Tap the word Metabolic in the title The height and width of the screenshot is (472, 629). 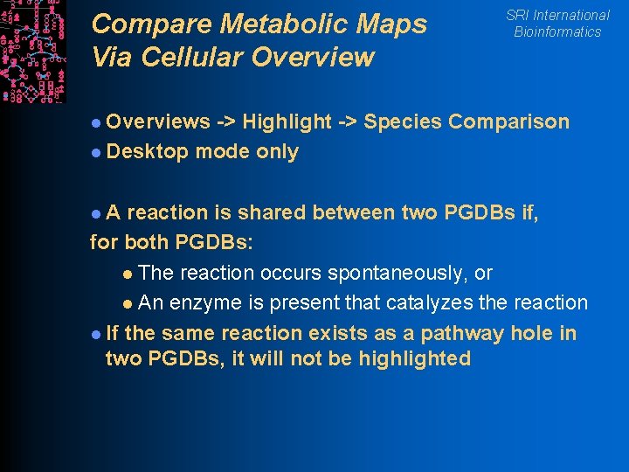coord(262,24)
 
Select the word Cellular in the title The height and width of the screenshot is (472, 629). coord(207,58)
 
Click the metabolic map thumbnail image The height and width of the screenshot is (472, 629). coord(32,51)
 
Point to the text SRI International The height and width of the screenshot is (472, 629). coord(557,15)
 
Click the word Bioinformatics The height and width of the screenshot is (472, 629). coord(557,32)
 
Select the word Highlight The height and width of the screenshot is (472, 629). coord(287,122)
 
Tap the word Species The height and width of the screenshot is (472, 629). coord(403,122)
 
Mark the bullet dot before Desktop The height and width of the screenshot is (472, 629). coord(96,153)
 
